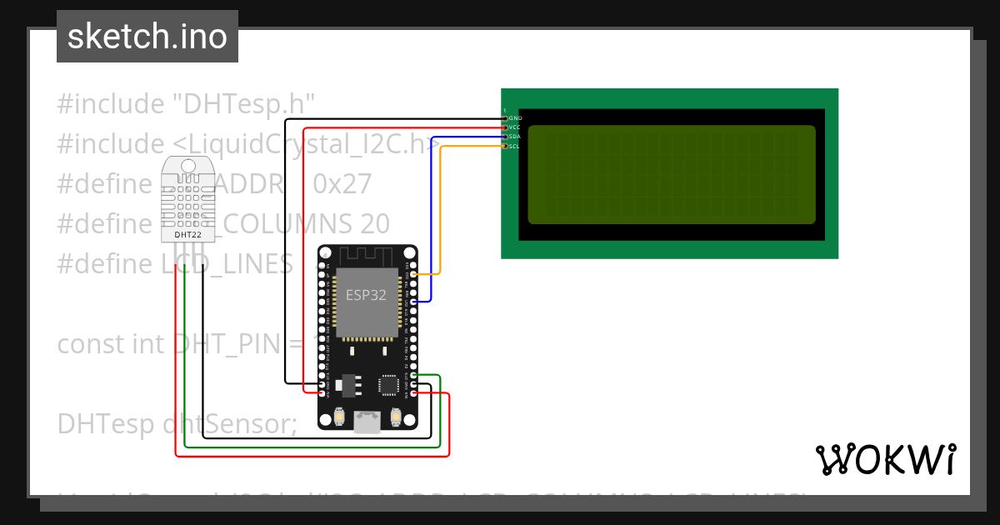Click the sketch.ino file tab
147,37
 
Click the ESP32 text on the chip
366,294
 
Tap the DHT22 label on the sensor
187,235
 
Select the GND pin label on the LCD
515,118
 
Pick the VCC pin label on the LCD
515,127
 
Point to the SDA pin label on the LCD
515,137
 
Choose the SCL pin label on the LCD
515,146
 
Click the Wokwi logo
885,459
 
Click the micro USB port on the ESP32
367,422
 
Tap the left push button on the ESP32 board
338,416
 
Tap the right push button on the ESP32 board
397,416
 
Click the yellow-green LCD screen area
672,174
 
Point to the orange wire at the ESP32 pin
414,273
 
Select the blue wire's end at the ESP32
414,301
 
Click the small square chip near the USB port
389,384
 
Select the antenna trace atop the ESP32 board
367,255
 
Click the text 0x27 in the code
342,183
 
